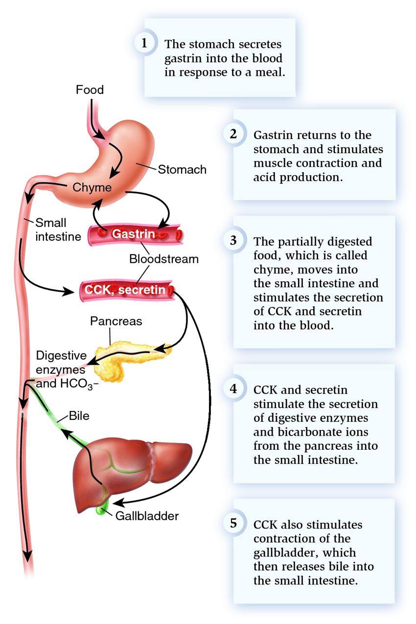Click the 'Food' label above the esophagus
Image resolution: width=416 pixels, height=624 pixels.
(90, 90)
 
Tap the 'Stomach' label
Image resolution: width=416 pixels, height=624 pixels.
(182, 169)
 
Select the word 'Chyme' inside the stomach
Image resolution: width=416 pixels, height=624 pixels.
(92, 187)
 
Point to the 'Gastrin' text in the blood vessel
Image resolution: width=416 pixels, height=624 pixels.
(133, 234)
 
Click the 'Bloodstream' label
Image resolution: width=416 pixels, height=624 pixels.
(164, 259)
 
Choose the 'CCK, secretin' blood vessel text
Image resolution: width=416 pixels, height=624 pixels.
(125, 290)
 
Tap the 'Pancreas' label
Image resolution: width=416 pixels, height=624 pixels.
(116, 321)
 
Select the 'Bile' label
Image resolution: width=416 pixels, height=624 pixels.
(79, 416)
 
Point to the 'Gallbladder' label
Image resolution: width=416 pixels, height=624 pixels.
(147, 516)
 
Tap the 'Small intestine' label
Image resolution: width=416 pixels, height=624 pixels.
(58, 230)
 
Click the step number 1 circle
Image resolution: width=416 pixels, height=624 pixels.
(144, 43)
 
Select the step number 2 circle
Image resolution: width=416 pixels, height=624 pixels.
(233, 134)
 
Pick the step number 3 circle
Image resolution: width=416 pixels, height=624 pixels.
(233, 240)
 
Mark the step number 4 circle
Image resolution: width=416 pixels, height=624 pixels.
(233, 389)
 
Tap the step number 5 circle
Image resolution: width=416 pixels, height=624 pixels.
(233, 523)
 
